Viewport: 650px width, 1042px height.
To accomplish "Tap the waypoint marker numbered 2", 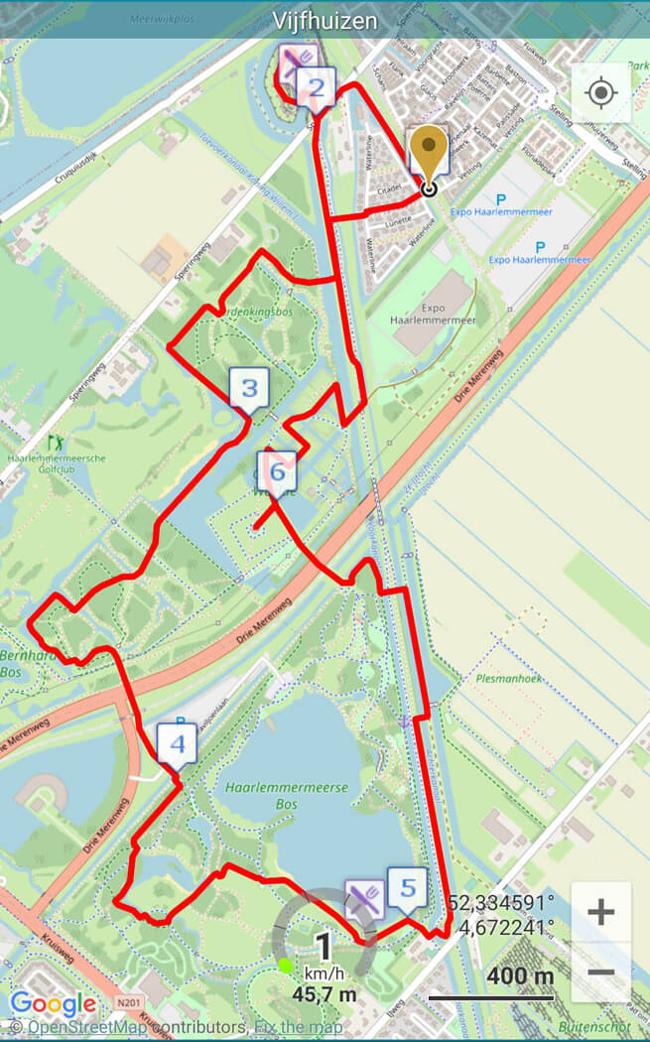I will click(316, 90).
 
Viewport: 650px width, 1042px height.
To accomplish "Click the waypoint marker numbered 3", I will click(249, 388).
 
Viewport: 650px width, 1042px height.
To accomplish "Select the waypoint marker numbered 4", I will click(177, 744).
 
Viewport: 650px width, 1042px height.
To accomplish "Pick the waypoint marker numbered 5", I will click(407, 887).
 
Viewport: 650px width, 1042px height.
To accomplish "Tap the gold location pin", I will click(429, 154).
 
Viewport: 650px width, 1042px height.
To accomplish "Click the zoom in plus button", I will click(600, 912).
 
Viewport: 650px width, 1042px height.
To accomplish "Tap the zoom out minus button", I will click(600, 973).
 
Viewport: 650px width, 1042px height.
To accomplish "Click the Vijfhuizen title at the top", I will click(325, 21).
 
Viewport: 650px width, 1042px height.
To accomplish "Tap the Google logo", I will click(54, 1004).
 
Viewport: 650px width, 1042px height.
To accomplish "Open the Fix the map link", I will click(298, 1027).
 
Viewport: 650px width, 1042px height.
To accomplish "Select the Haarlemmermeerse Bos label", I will click(287, 795).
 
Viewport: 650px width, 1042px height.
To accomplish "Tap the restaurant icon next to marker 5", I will click(364, 898).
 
